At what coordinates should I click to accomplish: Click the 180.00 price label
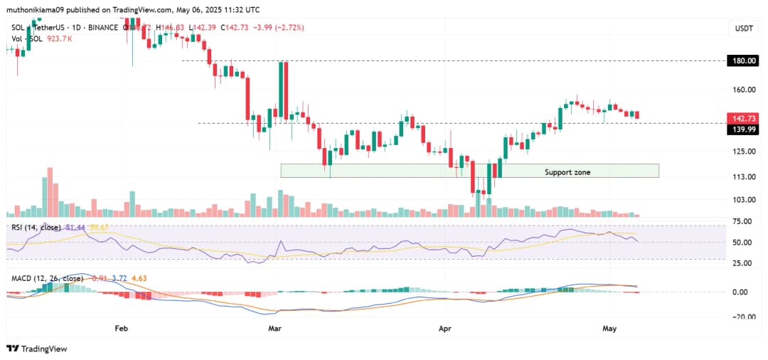(745, 61)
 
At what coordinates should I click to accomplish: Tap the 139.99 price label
(745, 129)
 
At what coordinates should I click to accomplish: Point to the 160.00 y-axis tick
(745, 90)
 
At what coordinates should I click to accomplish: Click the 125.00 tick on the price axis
(745, 151)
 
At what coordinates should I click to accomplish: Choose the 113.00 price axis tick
(745, 177)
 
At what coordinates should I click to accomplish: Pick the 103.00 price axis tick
(745, 199)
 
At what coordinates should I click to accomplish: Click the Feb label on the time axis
(121, 329)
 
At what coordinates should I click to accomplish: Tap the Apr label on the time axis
(445, 329)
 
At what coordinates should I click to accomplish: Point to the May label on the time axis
(609, 329)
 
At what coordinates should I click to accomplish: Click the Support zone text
(567, 172)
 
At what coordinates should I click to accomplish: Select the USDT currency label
(744, 28)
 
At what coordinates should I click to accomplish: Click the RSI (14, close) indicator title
(35, 227)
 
